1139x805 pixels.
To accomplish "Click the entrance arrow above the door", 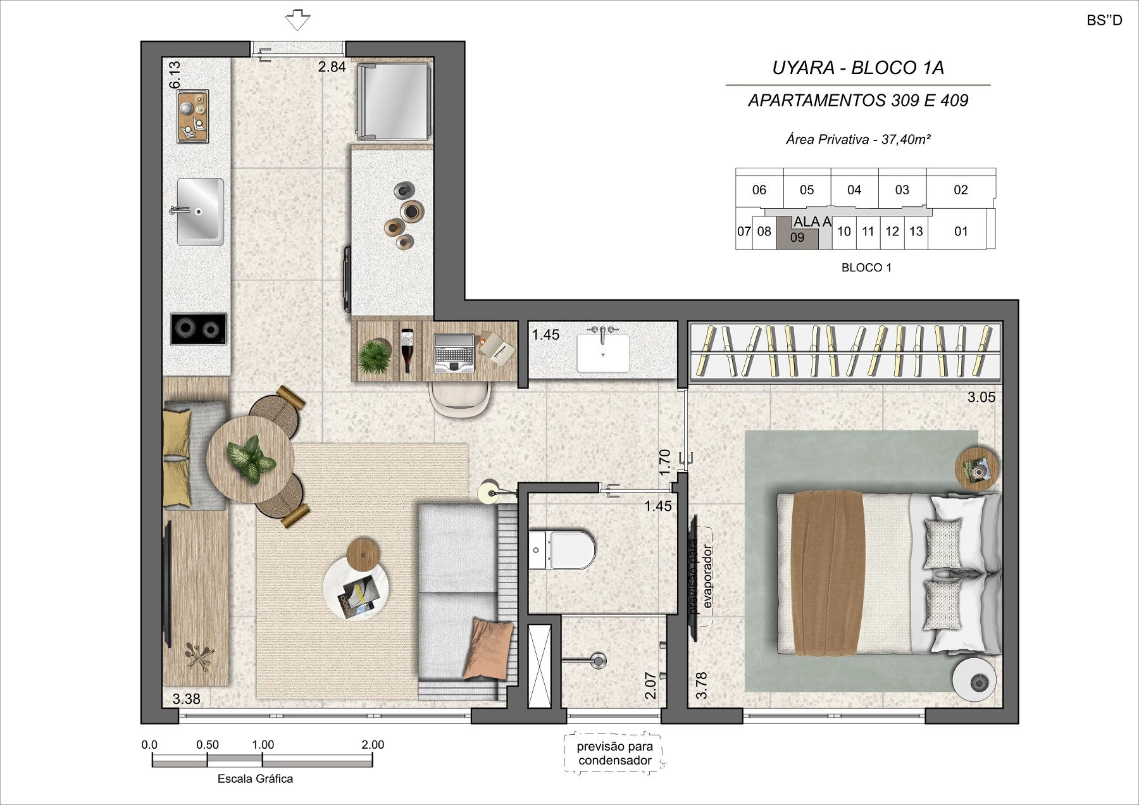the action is pos(297,20).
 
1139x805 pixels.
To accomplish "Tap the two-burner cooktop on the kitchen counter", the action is pos(199,329).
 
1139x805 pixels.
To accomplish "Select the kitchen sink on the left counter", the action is pos(199,212).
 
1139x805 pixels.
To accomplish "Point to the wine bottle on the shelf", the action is pos(406,350).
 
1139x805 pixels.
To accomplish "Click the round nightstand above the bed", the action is pos(978,468).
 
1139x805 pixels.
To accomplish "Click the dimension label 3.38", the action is pos(186,699).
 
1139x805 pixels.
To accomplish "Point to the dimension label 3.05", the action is pos(981,397).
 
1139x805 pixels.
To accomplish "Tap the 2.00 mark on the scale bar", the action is pos(373,745).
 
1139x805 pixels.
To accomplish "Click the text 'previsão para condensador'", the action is pos(615,754).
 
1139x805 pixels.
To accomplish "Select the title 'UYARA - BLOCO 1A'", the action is pos(858,68).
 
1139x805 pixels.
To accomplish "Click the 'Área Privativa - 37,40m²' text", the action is pos(858,139).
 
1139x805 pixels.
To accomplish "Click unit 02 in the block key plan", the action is pos(961,190).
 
